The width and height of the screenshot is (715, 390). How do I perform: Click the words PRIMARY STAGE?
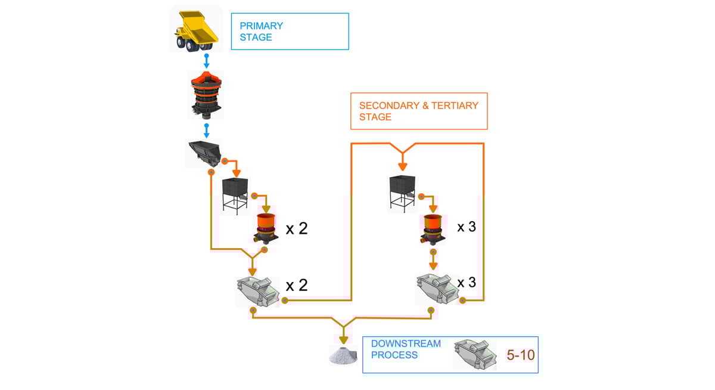[x=261, y=32]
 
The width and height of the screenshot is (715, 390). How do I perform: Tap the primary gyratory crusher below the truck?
[x=206, y=94]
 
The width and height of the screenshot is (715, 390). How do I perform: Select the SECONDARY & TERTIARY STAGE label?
[x=418, y=111]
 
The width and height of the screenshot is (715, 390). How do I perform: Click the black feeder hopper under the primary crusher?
[x=204, y=153]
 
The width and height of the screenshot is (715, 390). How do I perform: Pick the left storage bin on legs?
[x=235, y=193]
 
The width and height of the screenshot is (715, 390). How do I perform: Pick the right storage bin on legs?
[x=402, y=191]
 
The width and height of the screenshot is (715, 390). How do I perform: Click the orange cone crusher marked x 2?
[x=265, y=228]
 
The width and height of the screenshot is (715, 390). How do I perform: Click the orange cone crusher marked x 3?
[x=433, y=229]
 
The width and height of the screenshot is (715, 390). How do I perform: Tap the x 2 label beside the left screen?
[x=297, y=285]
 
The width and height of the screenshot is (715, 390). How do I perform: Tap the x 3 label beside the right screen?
[x=467, y=282]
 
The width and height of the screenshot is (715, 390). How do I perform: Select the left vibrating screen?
[x=257, y=290]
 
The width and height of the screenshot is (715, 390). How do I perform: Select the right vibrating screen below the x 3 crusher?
[x=437, y=288]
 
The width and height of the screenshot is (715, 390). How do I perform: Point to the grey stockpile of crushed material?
[x=343, y=355]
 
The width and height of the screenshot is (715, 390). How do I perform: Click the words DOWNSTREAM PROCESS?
[x=406, y=349]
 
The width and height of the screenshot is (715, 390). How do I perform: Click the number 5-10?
[x=520, y=355]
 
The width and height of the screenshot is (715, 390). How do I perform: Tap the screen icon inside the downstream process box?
[x=474, y=355]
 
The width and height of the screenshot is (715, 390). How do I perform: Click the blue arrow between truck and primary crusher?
[x=207, y=61]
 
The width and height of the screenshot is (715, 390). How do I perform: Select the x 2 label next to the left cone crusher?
[x=297, y=228]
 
